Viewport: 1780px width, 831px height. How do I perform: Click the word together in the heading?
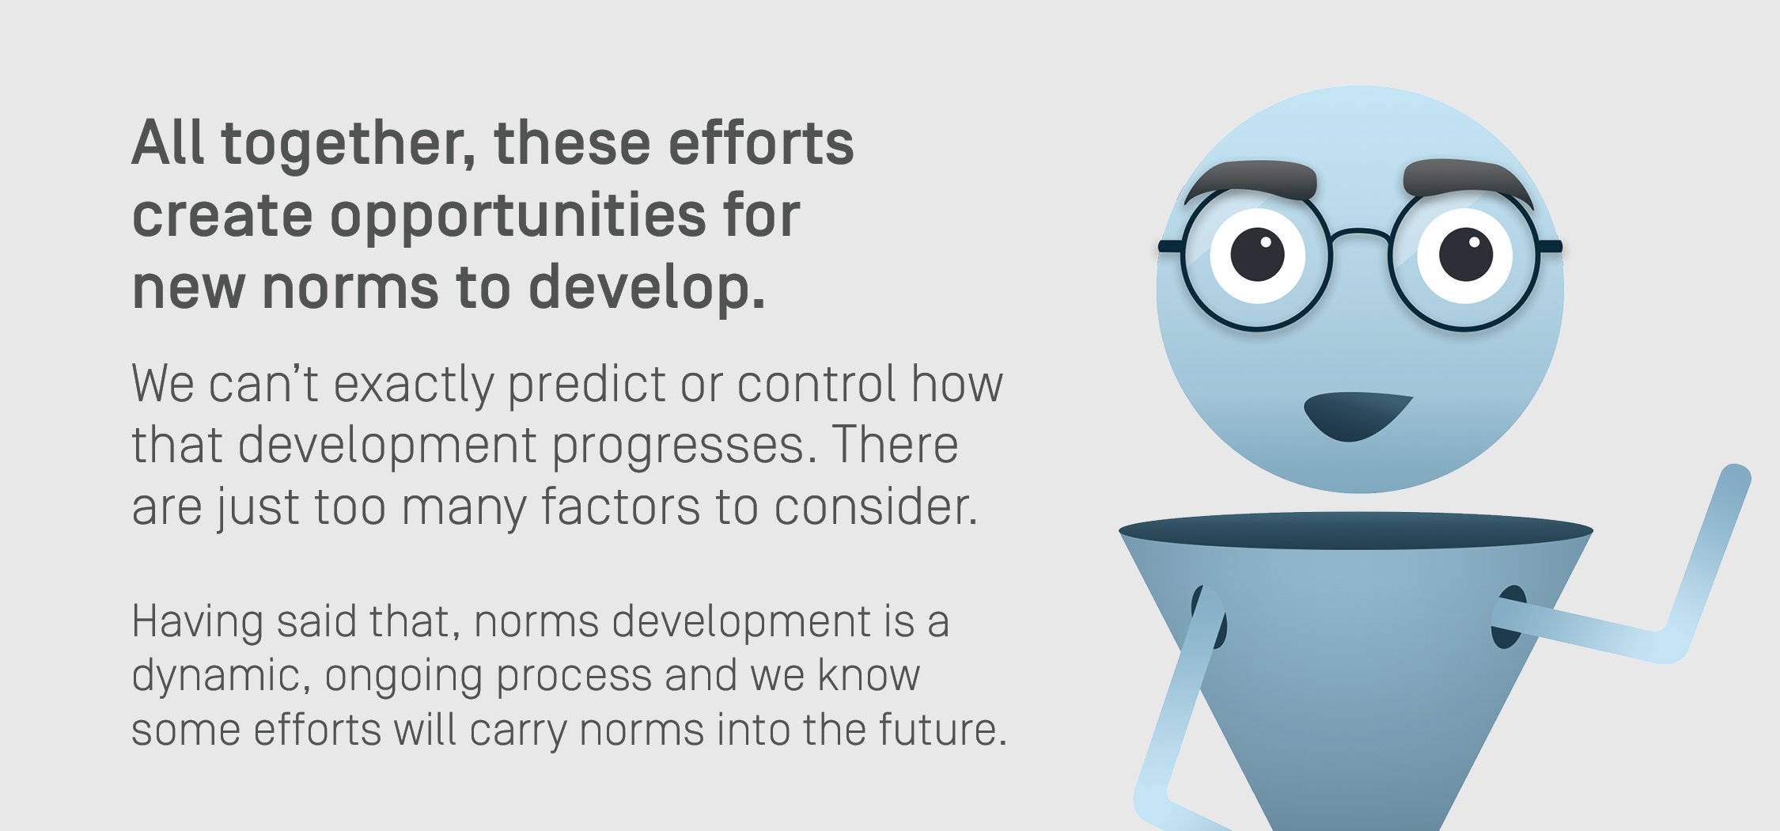click(x=348, y=145)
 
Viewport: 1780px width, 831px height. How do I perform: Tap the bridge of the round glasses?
click(x=1358, y=234)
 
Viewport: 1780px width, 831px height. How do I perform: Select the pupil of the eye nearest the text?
click(x=1257, y=254)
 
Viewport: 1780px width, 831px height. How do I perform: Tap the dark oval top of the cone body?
click(x=1355, y=531)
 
